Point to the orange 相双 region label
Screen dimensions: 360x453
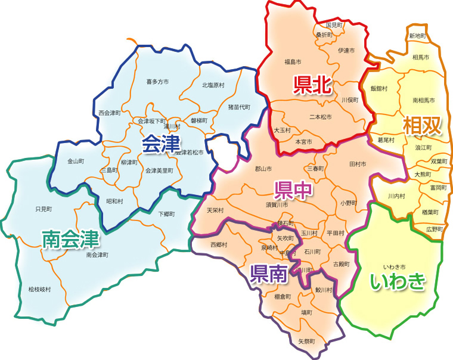pyautogui.click(x=422, y=126)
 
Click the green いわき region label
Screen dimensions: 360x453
pyautogui.click(x=398, y=281)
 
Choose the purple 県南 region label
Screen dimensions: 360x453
pyautogui.click(x=268, y=274)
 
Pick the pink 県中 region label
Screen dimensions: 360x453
pyautogui.click(x=293, y=190)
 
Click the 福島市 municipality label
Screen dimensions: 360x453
pyautogui.click(x=292, y=61)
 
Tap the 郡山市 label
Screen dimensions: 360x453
pyautogui.click(x=263, y=169)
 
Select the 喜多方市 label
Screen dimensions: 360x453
pyautogui.click(x=157, y=82)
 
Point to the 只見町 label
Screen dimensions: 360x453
pyautogui.click(x=44, y=209)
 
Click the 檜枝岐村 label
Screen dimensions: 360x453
pyautogui.click(x=39, y=289)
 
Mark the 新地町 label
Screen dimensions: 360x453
pyautogui.click(x=417, y=36)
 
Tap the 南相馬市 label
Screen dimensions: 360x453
pyautogui.click(x=423, y=100)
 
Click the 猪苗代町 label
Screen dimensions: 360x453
pyautogui.click(x=239, y=107)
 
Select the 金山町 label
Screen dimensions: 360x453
pyautogui.click(x=76, y=162)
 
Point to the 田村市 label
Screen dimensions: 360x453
pyautogui.click(x=358, y=163)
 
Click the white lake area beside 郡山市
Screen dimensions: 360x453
pyautogui.click(x=225, y=153)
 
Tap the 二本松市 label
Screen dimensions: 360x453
pyautogui.click(x=321, y=117)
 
